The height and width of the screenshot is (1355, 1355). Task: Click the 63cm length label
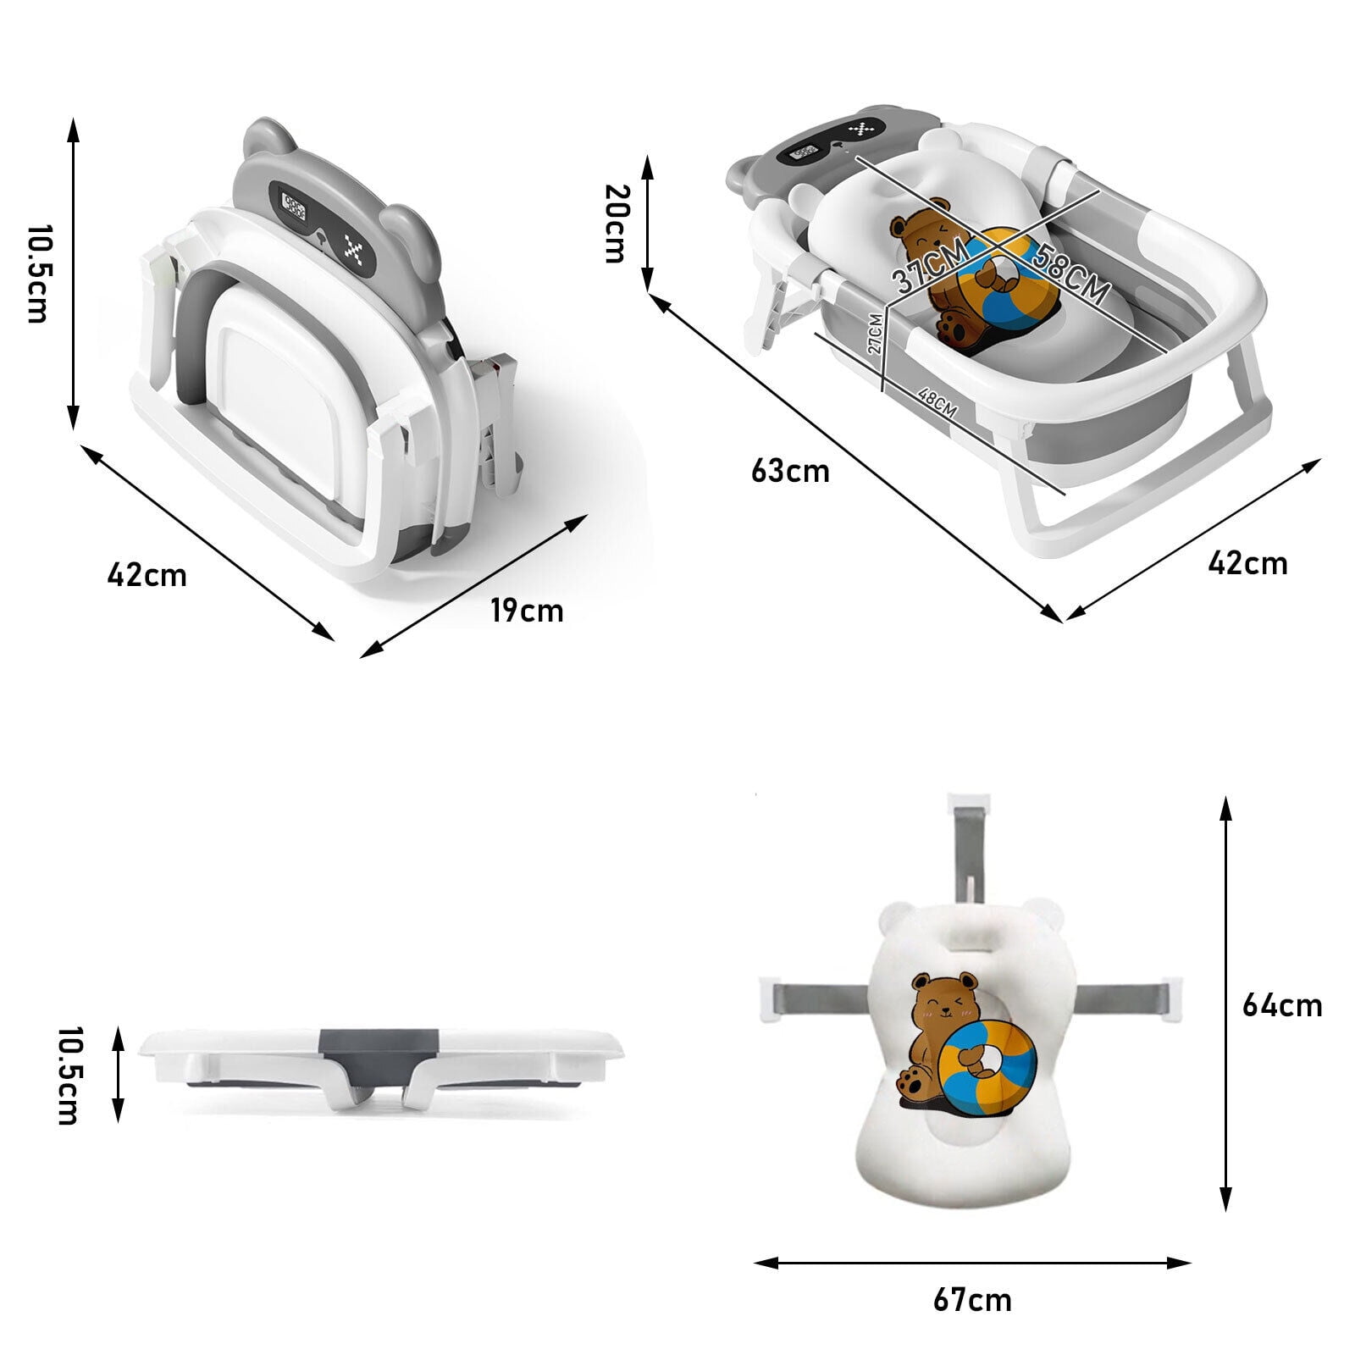coord(790,471)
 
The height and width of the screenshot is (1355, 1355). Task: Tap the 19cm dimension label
coord(527,610)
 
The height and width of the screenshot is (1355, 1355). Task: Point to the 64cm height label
coord(1281,1004)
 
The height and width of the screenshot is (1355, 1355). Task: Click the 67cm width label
coord(973,1300)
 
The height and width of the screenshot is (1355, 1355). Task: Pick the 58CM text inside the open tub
coord(1070,274)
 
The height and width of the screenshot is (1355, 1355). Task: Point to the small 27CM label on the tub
coord(875,333)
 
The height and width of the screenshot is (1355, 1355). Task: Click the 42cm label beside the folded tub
coord(147,575)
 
